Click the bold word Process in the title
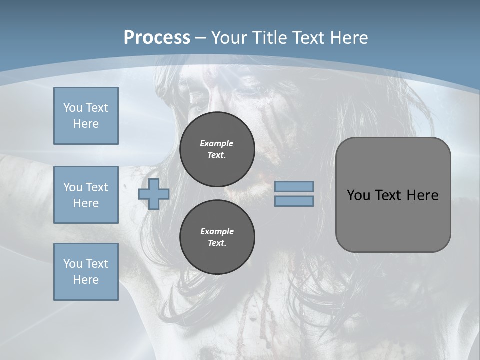[x=157, y=38]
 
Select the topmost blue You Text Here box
[x=86, y=116]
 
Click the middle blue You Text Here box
[x=86, y=195]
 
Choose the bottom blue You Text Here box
[x=86, y=272]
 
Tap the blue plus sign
[x=154, y=194]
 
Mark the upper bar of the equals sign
[x=294, y=186]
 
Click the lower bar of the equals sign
[x=294, y=201]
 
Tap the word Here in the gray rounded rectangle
[x=422, y=195]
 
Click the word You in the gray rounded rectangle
[x=358, y=195]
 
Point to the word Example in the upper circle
[x=216, y=143]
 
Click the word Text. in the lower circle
[x=217, y=243]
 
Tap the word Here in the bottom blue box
[x=86, y=280]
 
